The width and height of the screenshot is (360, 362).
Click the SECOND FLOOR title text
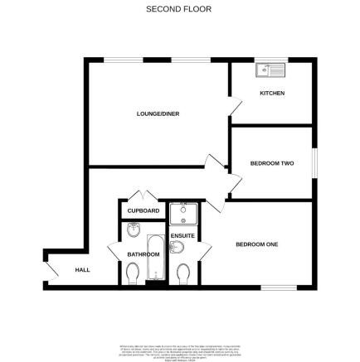pyautogui.click(x=178, y=9)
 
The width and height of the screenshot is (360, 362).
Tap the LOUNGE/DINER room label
pyautogui.click(x=158, y=113)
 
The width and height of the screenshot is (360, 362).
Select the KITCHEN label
pyautogui.click(x=272, y=93)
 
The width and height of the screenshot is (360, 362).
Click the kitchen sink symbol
pyautogui.click(x=270, y=70)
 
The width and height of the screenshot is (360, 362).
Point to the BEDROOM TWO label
pyautogui.click(x=272, y=163)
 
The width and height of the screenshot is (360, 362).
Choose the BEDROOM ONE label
pyautogui.click(x=256, y=244)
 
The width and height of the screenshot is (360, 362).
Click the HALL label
pyautogui.click(x=82, y=270)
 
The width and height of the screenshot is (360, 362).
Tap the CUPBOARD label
pyautogui.click(x=143, y=211)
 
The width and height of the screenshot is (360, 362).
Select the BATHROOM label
pyautogui.click(x=143, y=254)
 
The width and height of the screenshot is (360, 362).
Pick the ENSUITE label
pyautogui.click(x=182, y=236)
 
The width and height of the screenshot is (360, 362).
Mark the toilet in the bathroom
pyautogui.click(x=133, y=271)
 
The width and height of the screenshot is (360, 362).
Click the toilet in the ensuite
pyautogui.click(x=182, y=272)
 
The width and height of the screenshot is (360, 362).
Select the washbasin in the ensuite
pyautogui.click(x=176, y=247)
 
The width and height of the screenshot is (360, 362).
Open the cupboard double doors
pyautogui.click(x=143, y=195)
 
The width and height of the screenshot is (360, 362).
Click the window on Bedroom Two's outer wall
pyautogui.click(x=315, y=163)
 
